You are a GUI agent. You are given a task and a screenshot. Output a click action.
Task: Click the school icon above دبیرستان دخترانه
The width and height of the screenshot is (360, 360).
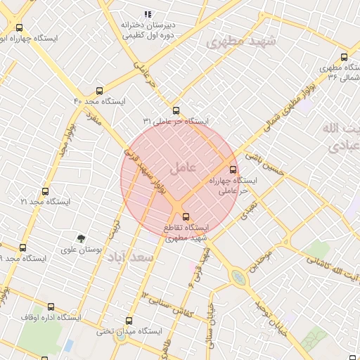coord(148,14)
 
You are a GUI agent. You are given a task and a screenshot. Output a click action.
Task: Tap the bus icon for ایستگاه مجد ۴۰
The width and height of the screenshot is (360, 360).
coord(98,91)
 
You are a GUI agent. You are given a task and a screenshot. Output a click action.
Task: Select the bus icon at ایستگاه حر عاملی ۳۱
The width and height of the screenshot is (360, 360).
coord(176,110)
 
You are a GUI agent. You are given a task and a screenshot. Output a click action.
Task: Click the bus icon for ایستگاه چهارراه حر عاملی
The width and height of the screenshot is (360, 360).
coord(233,169)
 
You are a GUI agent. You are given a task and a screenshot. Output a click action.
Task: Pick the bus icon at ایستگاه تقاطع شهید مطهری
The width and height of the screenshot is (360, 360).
coord(186,217)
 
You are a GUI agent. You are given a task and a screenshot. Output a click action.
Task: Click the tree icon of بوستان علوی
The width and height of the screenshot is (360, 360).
coord(81,238)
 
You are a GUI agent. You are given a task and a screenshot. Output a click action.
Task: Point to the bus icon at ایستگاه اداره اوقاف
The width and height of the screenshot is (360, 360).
coord(51,307)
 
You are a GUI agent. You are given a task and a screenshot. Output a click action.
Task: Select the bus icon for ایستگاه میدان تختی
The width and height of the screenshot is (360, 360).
coord(128,320)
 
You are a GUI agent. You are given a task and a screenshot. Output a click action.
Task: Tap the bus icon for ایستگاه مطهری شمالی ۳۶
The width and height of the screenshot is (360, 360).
coord(344,57)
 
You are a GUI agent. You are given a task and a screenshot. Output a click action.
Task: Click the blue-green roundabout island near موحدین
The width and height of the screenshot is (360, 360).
coord(240,278)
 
